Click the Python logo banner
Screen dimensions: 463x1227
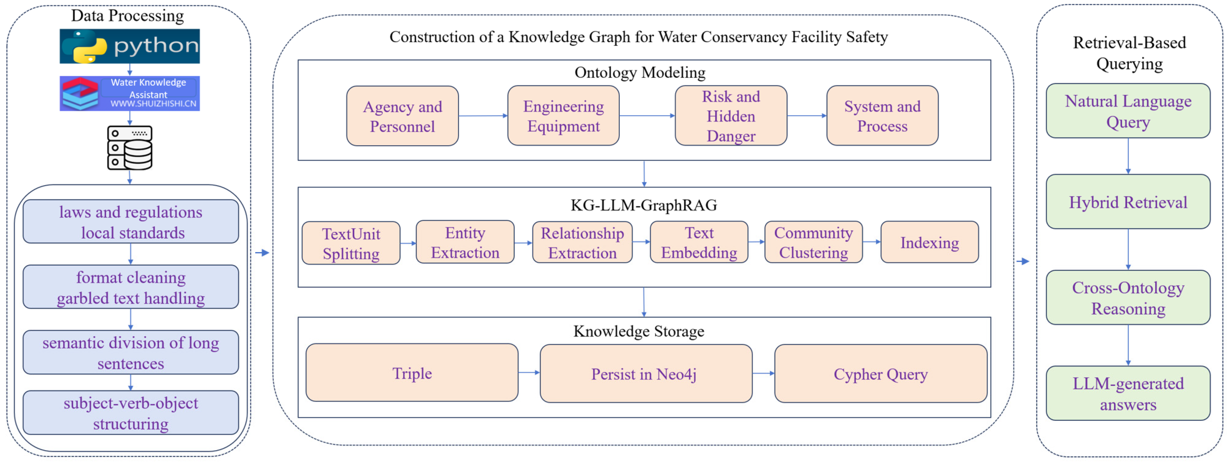click(x=130, y=46)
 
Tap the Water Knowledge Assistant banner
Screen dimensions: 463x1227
click(x=130, y=93)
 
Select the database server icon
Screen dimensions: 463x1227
click(x=130, y=148)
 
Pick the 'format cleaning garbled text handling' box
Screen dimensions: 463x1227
click(x=131, y=287)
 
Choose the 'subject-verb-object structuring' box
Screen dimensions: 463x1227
click(x=131, y=413)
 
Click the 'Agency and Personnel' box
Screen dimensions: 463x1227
click(x=402, y=116)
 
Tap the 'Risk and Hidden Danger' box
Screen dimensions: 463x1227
click(x=731, y=116)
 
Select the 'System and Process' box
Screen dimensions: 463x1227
click(x=882, y=116)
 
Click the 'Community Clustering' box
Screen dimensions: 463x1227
click(x=813, y=242)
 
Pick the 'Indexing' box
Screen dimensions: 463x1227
click(x=929, y=242)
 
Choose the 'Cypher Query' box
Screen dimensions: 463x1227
click(x=880, y=374)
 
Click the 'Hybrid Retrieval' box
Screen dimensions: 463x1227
click(x=1128, y=202)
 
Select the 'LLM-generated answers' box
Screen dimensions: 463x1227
click(x=1128, y=393)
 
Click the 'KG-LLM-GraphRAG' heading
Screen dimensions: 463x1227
click(x=643, y=205)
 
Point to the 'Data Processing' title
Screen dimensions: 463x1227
click(x=127, y=16)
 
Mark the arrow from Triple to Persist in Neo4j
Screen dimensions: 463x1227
click(x=529, y=373)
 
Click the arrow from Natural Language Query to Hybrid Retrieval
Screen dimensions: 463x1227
click(x=1128, y=156)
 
